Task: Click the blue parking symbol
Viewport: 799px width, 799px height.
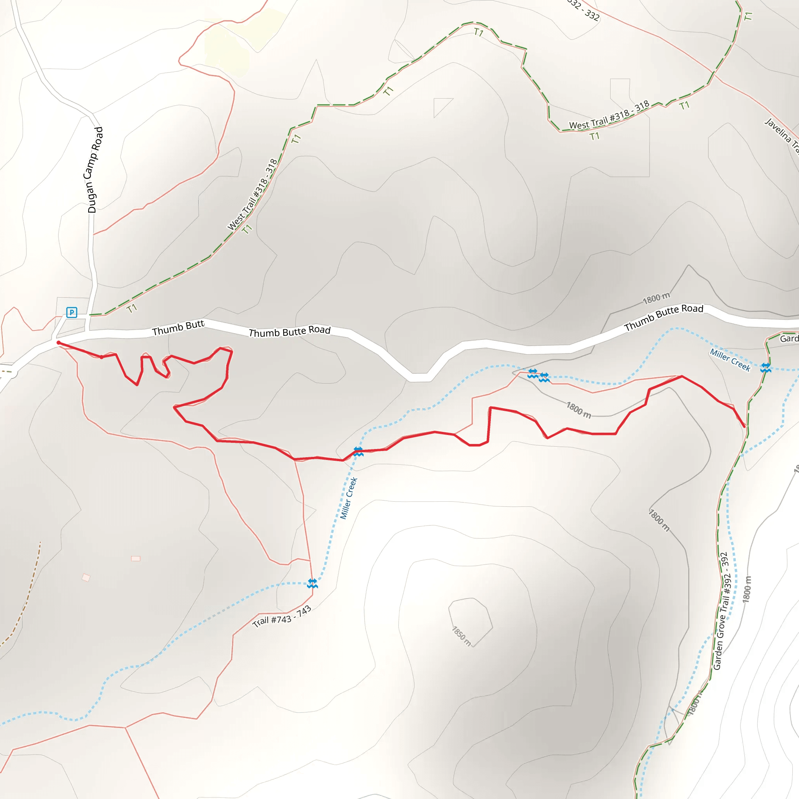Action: pyautogui.click(x=71, y=312)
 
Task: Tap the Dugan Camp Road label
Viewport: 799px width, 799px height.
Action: pyautogui.click(x=95, y=170)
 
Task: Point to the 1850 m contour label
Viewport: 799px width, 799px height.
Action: pyautogui.click(x=461, y=636)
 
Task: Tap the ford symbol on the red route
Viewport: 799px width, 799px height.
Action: pyautogui.click(x=358, y=451)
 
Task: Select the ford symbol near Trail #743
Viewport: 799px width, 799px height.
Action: pyautogui.click(x=312, y=583)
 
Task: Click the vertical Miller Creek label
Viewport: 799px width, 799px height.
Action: pyautogui.click(x=348, y=498)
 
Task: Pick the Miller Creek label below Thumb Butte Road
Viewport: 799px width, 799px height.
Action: pyautogui.click(x=730, y=360)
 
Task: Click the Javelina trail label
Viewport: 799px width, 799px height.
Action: pyautogui.click(x=781, y=135)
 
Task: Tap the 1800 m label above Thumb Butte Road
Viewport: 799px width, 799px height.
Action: pyautogui.click(x=656, y=298)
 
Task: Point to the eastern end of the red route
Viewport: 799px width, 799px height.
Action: pyautogui.click(x=744, y=426)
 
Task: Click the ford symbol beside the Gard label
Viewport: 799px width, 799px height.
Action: pyautogui.click(x=765, y=367)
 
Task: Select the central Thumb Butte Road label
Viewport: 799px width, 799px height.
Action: pyautogui.click(x=289, y=331)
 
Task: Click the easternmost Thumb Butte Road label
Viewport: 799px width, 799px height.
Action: pyautogui.click(x=663, y=317)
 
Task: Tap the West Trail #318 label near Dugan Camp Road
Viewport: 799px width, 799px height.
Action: pyautogui.click(x=252, y=194)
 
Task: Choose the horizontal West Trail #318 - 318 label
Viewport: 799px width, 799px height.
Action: pyautogui.click(x=609, y=115)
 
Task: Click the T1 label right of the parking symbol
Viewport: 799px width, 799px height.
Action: pyautogui.click(x=131, y=309)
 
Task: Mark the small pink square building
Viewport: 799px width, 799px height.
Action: pyautogui.click(x=135, y=558)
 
